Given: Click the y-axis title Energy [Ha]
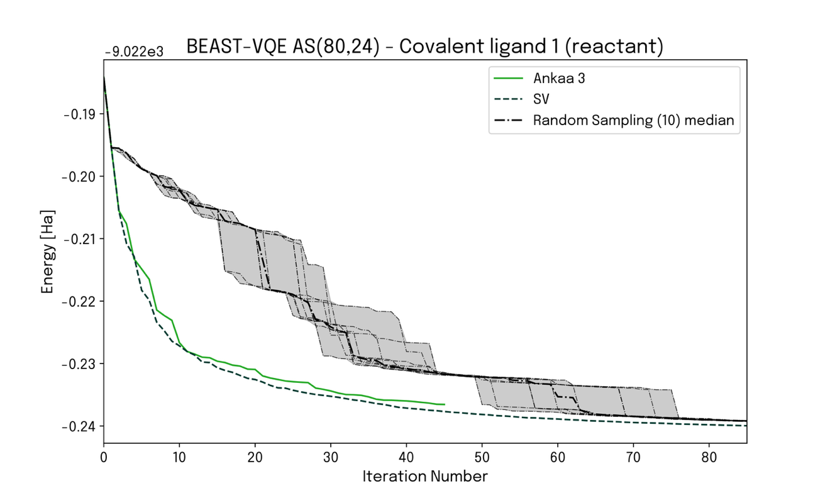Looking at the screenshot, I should click(x=48, y=252).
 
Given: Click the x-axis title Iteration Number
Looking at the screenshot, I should click(x=424, y=476).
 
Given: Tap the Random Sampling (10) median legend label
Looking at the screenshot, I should click(x=633, y=120).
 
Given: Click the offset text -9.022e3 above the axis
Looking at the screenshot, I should click(x=134, y=52).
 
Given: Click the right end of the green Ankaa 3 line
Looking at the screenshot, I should click(x=444, y=404).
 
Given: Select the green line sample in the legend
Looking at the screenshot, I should click(x=509, y=79).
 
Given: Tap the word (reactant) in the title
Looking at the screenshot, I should click(x=621, y=47).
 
